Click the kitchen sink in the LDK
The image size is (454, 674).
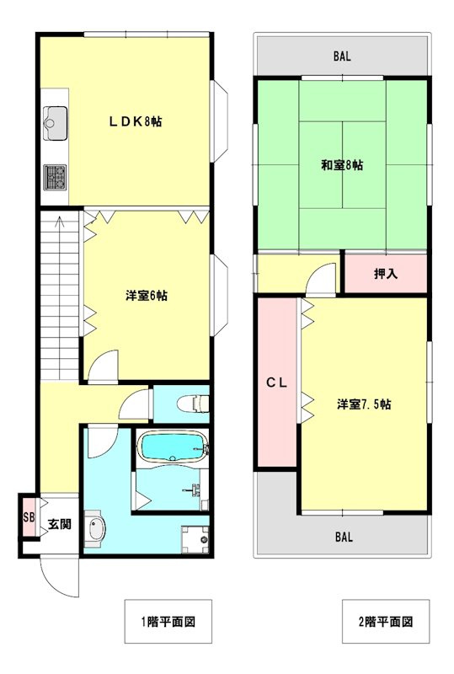56,123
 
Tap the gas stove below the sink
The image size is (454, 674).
55,177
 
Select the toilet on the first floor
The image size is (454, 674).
193,404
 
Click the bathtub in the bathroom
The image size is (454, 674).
173,447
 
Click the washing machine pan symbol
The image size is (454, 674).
195,539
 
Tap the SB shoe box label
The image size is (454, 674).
29,516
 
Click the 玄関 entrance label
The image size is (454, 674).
59,524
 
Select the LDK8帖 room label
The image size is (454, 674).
135,121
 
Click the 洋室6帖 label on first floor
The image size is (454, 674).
147,296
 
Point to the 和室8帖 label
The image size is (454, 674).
342,164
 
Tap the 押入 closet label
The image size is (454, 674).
386,273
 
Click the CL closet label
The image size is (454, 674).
277,382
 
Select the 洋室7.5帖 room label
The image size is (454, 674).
364,404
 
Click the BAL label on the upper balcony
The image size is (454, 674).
342,56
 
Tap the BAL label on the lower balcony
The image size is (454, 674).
344,537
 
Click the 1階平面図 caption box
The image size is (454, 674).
168,621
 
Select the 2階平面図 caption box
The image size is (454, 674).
386,621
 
